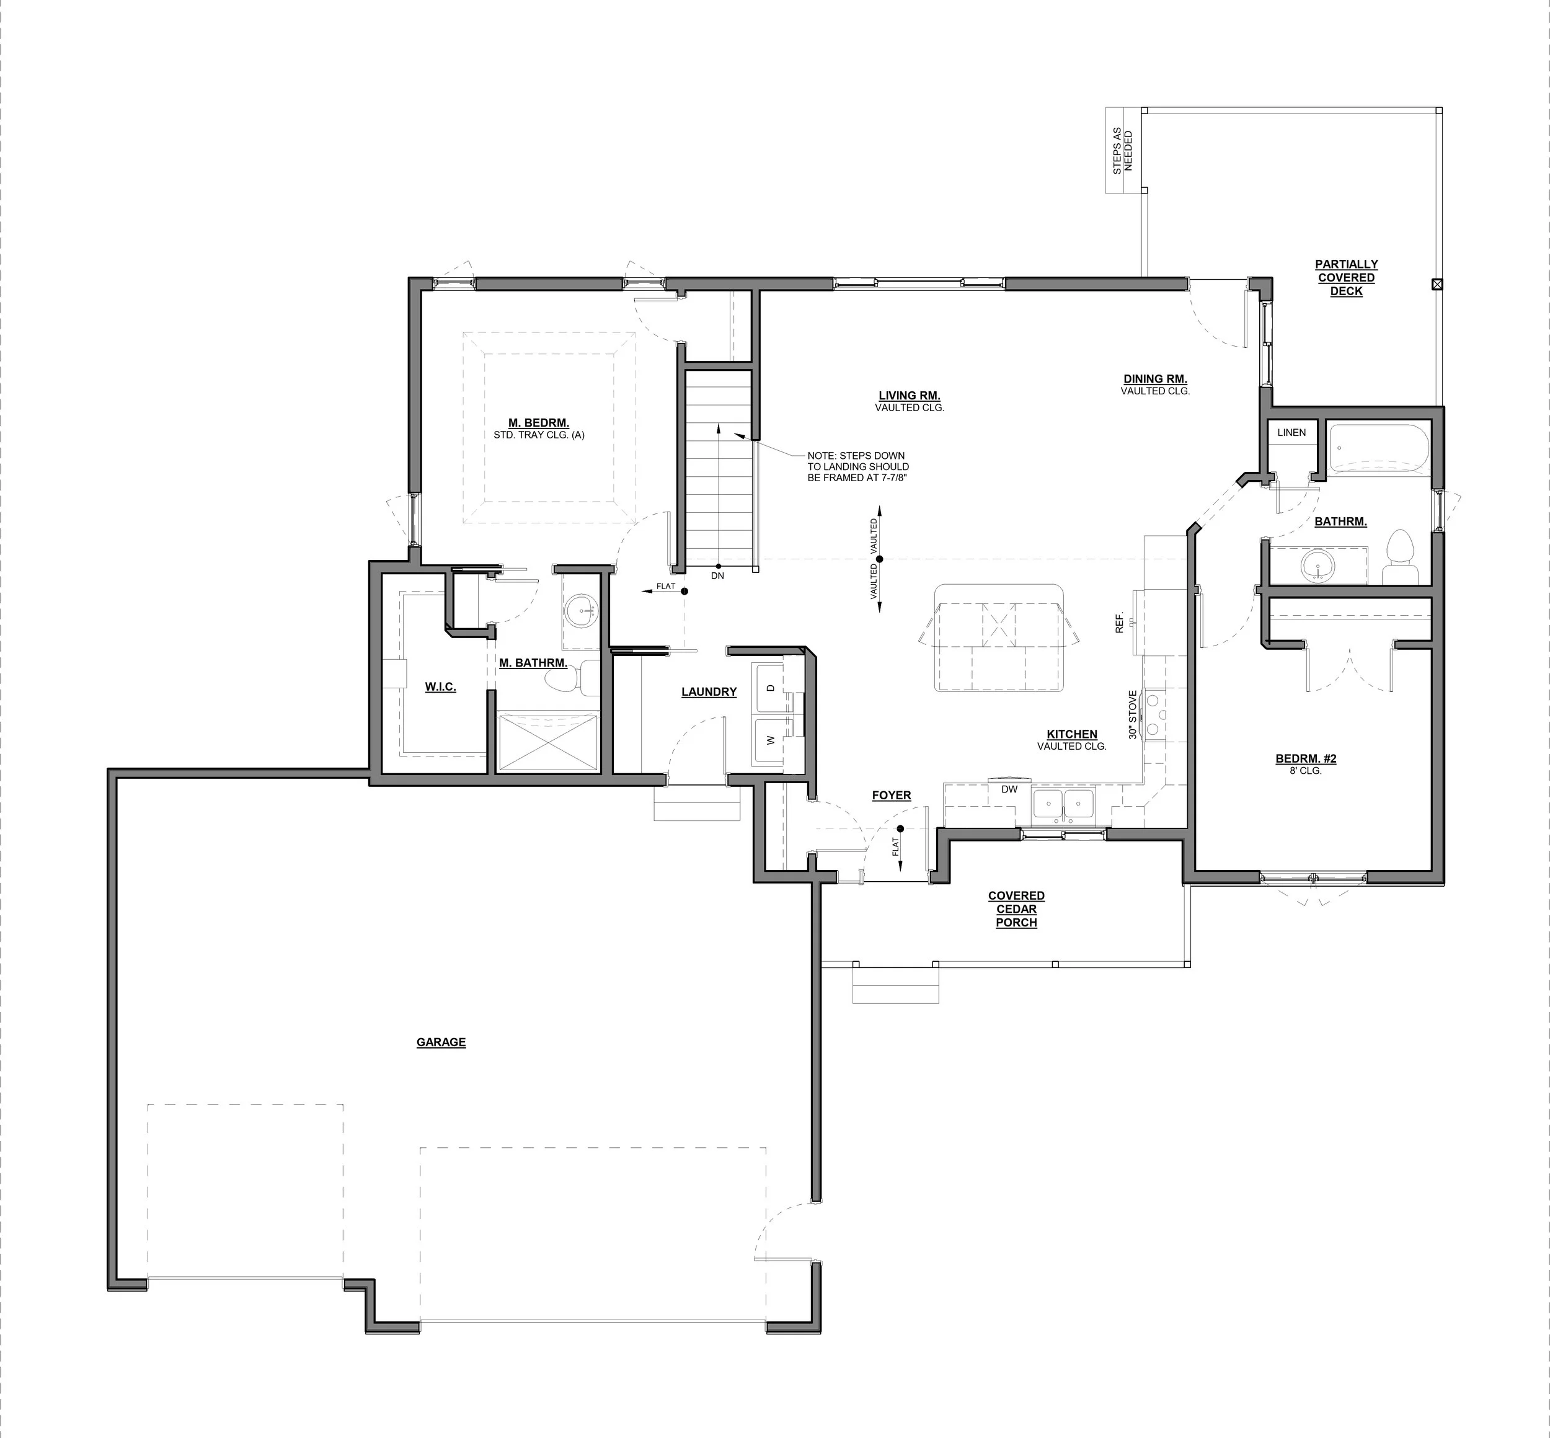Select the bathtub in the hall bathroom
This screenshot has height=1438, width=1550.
pyautogui.click(x=1379, y=449)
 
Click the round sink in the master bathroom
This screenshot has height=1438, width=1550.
pyautogui.click(x=580, y=608)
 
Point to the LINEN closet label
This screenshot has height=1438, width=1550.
pyautogui.click(x=1291, y=433)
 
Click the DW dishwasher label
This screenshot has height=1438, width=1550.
pyautogui.click(x=1009, y=789)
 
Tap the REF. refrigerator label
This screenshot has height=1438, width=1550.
pyautogui.click(x=1120, y=622)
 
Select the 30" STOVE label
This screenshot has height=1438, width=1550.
pyautogui.click(x=1133, y=714)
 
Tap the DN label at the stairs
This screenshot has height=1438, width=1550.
pyautogui.click(x=717, y=576)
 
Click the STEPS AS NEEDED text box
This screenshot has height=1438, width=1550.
pyautogui.click(x=1123, y=151)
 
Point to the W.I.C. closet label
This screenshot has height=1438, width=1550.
pyautogui.click(x=440, y=687)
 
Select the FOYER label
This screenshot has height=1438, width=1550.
pyautogui.click(x=891, y=795)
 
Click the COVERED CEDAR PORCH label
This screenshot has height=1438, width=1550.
pyautogui.click(x=1016, y=909)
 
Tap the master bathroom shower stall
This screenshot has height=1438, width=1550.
pyautogui.click(x=549, y=742)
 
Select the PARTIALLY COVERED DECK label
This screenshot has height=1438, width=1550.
pyautogui.click(x=1346, y=278)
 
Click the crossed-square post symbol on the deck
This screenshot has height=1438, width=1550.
pyautogui.click(x=1437, y=285)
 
